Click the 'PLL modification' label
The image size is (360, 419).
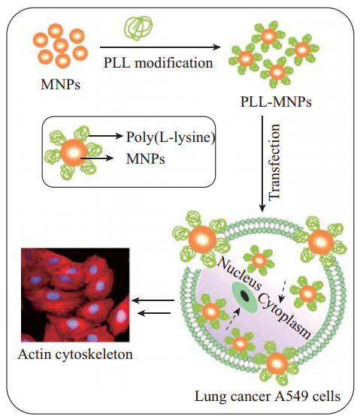pos(158,63)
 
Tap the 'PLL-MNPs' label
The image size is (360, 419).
pos(276,101)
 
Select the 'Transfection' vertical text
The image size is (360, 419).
pos(274,162)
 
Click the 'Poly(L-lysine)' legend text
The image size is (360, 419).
pos(171,137)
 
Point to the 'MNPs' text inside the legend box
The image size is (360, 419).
pos(145,158)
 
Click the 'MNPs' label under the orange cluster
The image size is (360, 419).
pos(60,84)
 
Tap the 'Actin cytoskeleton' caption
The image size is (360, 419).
pos(75,354)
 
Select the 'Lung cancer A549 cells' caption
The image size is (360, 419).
pos(268,396)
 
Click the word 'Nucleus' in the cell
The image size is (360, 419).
pos(240,273)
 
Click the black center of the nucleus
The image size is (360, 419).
pos(244,295)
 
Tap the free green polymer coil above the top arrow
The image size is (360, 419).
pos(138,27)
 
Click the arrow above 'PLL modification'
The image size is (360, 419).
pos(160,47)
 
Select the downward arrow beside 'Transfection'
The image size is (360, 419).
pos(262,164)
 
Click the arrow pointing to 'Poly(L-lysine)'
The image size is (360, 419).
pos(105,136)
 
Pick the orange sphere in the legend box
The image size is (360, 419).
pos(74,152)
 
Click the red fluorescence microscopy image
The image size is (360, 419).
pos(75,295)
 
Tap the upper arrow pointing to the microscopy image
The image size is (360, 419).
pos(153,300)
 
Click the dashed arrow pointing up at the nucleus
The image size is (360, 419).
pos(233,318)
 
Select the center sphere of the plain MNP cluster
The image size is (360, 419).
pos(61,45)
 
